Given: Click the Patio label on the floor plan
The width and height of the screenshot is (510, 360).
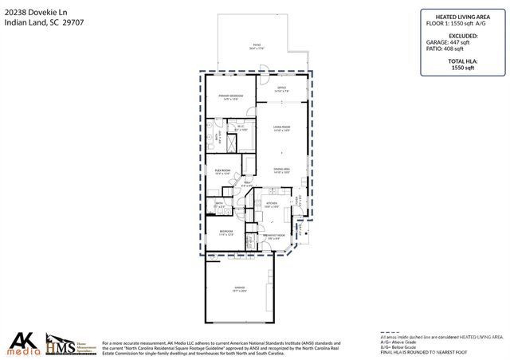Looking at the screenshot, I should [x=257, y=47].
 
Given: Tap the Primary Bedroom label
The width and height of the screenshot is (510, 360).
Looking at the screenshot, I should [x=231, y=97].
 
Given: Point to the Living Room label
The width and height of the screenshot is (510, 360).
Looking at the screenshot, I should [x=281, y=128].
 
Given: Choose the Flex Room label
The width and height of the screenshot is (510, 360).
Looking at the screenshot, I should [x=222, y=171].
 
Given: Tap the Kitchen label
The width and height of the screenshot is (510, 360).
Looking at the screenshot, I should [x=271, y=205].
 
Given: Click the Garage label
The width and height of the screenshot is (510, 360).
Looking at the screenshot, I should [x=239, y=288].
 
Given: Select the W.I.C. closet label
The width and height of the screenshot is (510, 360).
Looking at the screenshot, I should [x=240, y=127].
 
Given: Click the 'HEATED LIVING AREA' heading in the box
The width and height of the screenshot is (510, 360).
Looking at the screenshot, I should [x=457, y=15].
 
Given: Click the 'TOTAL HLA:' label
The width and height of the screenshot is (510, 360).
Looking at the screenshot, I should [x=457, y=63].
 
